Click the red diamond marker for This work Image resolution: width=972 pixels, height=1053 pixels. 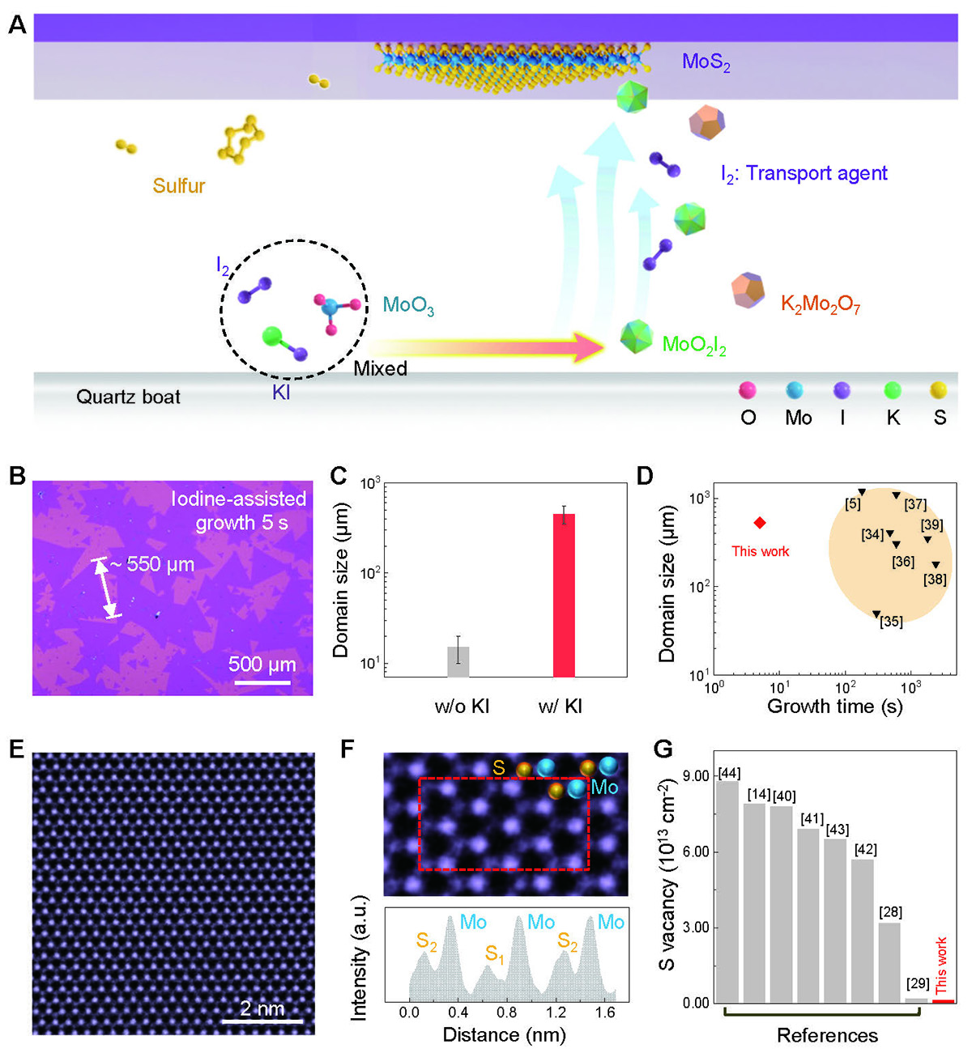click(x=760, y=524)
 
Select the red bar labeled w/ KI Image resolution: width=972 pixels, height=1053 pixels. click(x=564, y=595)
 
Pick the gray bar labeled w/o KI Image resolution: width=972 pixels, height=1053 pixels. click(x=458, y=661)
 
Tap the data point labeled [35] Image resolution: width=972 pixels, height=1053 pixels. click(x=876, y=614)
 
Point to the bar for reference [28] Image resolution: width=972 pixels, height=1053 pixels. click(x=889, y=962)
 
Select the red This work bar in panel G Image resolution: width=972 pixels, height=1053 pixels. click(x=943, y=1001)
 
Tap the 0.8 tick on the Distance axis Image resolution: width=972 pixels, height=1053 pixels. click(x=507, y=1012)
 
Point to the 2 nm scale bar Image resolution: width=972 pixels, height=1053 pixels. click(x=262, y=1021)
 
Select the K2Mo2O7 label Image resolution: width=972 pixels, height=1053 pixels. click(x=820, y=305)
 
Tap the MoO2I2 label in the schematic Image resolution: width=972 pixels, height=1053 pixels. click(x=694, y=346)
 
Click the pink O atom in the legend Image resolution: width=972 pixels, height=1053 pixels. click(x=748, y=391)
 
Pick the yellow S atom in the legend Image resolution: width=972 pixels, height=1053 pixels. click(x=940, y=391)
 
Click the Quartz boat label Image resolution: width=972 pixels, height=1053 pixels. click(x=128, y=397)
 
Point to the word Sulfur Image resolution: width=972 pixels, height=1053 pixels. click(x=179, y=186)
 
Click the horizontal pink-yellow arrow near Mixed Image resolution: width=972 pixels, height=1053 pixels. click(x=486, y=347)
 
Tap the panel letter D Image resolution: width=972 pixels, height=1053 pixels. click(x=645, y=475)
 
